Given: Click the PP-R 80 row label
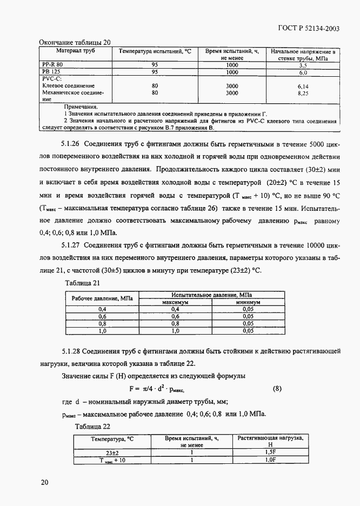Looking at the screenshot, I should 52,64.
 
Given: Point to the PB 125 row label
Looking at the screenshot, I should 52,71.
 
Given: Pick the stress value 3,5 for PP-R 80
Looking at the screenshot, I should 303,65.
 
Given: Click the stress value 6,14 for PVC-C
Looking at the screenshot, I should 303,86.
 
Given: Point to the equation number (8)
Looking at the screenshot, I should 276,388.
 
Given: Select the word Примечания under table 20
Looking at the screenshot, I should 82,107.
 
